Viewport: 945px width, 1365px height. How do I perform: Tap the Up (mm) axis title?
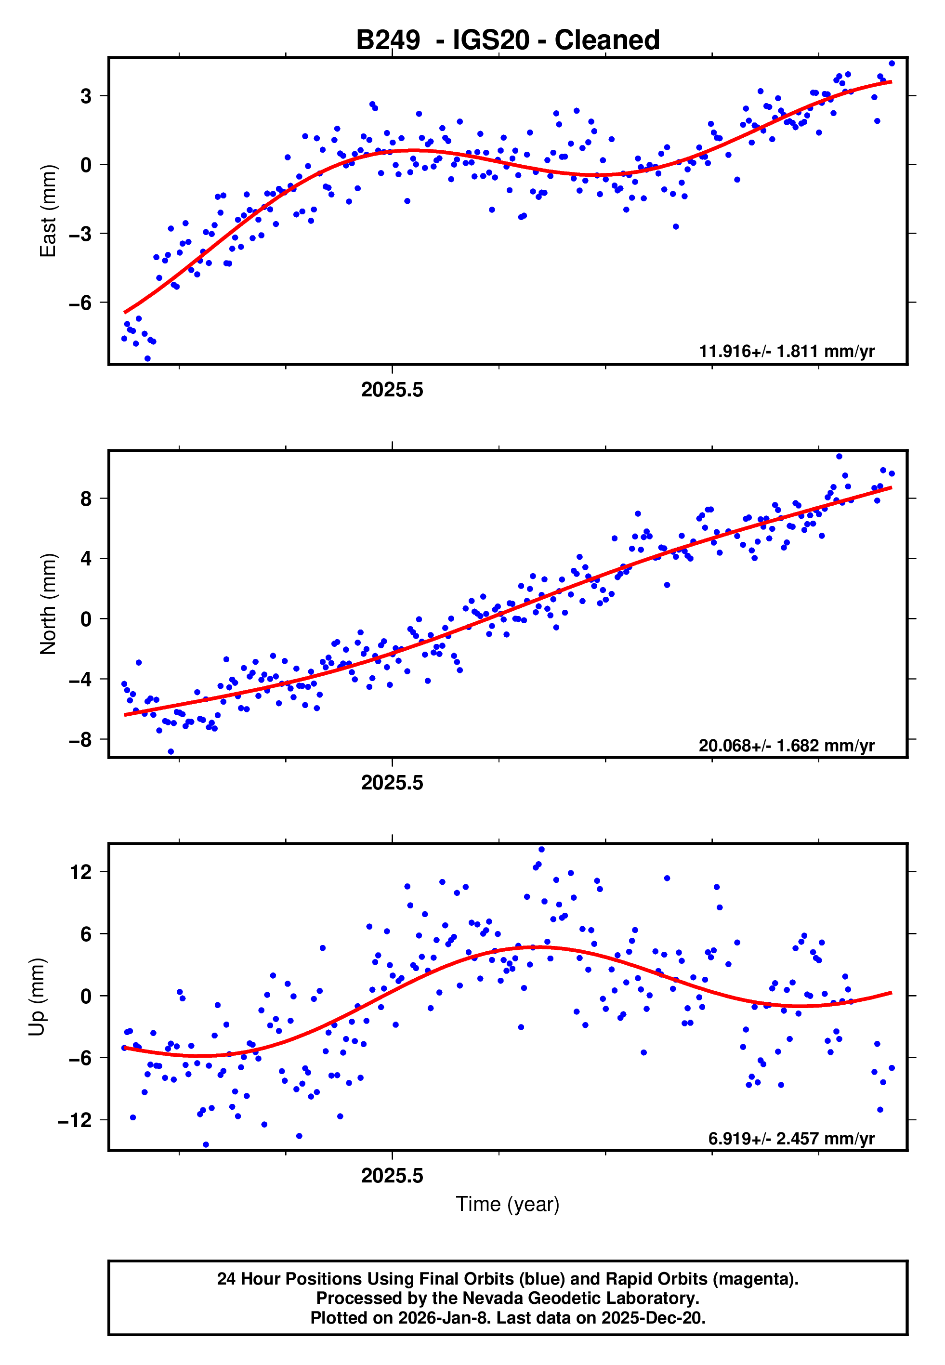coord(37,997)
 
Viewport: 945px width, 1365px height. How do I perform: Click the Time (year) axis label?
coord(508,1204)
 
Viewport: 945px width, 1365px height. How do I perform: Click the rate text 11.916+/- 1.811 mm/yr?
coord(787,351)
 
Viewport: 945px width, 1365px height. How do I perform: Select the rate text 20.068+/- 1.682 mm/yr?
coord(787,745)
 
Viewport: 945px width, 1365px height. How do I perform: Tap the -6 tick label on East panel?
coord(80,303)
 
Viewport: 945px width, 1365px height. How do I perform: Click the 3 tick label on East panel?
coord(86,96)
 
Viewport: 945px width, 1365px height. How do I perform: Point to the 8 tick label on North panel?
coord(86,499)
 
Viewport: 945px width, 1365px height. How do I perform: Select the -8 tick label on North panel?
coord(80,739)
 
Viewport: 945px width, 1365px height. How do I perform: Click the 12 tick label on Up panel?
coord(81,872)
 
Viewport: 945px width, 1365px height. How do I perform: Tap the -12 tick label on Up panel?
coord(75,1120)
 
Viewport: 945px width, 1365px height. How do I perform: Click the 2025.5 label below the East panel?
coord(392,390)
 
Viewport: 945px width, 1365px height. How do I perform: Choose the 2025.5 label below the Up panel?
coord(392,1176)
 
